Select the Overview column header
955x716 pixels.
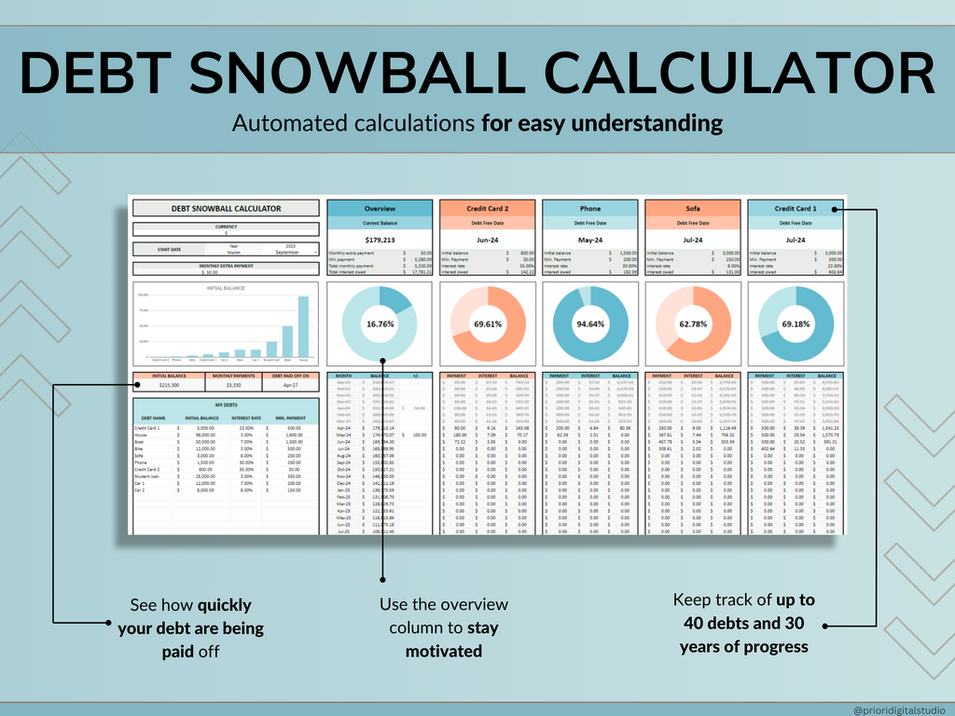(x=380, y=209)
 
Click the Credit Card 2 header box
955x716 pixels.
(x=487, y=209)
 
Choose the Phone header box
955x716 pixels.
(x=589, y=209)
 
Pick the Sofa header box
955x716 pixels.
(x=692, y=209)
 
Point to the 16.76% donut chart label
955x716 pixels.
(x=380, y=324)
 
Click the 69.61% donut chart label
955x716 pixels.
(x=487, y=324)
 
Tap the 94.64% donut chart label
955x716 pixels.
(x=589, y=324)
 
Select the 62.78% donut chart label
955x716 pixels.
(x=692, y=324)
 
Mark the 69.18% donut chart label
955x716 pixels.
(x=796, y=324)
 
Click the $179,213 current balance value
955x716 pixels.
(x=380, y=240)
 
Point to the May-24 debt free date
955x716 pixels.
(x=589, y=240)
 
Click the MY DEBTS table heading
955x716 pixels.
(x=225, y=404)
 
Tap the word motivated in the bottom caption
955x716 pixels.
(x=443, y=652)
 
